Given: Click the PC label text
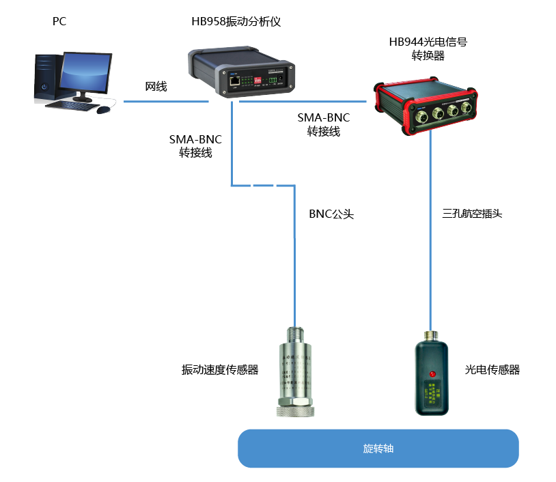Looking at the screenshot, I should click(x=60, y=22).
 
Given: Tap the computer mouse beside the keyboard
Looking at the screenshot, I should click(x=103, y=109).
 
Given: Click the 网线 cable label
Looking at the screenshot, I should click(x=156, y=87).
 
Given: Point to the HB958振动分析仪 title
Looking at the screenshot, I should click(x=236, y=22).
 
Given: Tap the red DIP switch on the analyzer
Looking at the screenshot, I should click(x=259, y=81).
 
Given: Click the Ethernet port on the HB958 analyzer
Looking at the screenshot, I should click(x=234, y=81).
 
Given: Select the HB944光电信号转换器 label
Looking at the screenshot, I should click(x=428, y=48).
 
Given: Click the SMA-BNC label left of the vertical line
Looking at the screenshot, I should click(x=195, y=146).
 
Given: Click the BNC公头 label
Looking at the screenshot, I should click(x=331, y=214).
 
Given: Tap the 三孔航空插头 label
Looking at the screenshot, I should click(x=472, y=214).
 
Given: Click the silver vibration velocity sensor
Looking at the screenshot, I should click(x=295, y=372).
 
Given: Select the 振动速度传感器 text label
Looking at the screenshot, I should click(x=220, y=370).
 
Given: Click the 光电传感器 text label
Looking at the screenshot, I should click(x=492, y=370).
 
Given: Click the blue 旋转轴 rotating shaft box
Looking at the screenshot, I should click(x=378, y=449).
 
